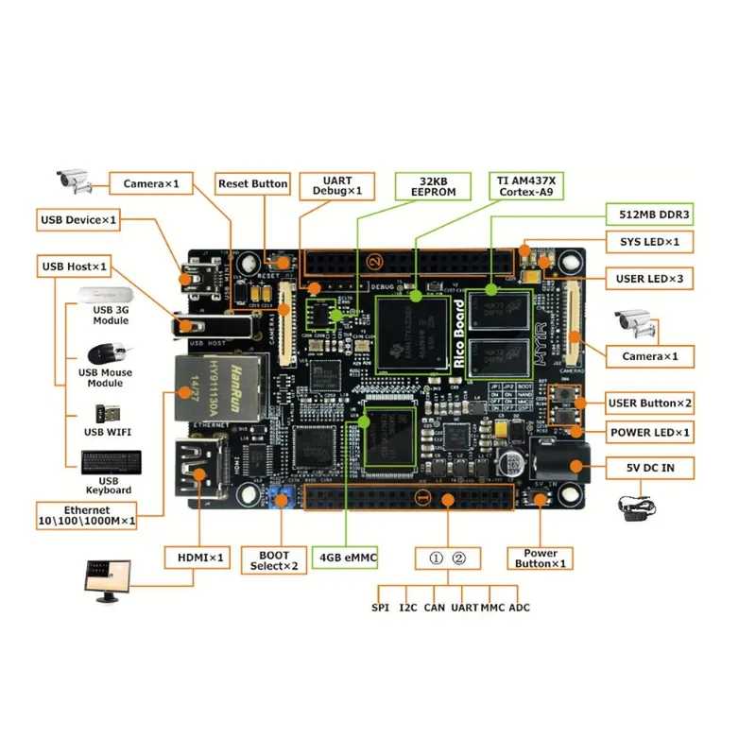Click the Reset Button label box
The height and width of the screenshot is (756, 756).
[x=252, y=183]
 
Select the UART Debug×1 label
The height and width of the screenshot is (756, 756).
[x=336, y=185]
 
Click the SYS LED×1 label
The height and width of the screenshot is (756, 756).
[x=649, y=243]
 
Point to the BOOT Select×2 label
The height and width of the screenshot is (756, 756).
[x=273, y=559]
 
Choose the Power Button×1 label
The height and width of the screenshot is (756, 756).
[x=540, y=558]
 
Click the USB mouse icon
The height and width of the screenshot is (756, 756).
[x=105, y=353]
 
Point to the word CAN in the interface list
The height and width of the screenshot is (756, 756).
[x=434, y=607]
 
